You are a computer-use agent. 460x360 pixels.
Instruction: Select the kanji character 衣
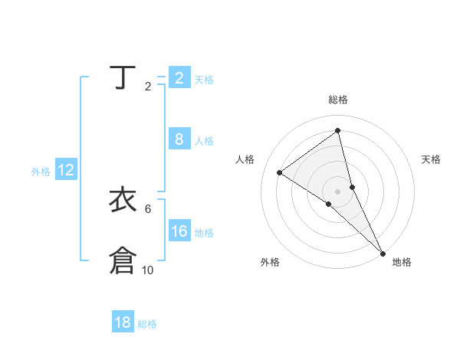pos(122,201)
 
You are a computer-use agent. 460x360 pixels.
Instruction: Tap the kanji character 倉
pos(122,260)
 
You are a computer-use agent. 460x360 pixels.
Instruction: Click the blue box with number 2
pos(179,77)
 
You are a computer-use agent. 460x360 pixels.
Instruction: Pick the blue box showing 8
pos(179,139)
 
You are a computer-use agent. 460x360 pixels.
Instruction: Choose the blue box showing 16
pos(179,231)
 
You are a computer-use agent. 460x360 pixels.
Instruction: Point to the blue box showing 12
pos(66,170)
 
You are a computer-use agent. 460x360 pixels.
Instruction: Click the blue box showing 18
pos(123,322)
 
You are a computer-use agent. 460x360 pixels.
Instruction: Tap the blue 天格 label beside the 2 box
pos(204,79)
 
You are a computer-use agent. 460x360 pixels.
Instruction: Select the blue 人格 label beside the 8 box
pos(204,141)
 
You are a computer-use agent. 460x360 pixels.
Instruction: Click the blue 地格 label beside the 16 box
pos(204,233)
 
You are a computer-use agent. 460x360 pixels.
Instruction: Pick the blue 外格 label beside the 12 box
pos(41,172)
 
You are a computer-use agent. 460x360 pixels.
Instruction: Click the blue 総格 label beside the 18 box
pos(147,324)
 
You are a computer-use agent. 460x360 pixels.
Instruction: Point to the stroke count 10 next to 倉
pos(147,270)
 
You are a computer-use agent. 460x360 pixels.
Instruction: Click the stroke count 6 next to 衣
pos(147,208)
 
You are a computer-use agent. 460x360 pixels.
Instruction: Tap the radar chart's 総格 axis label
pos(338,100)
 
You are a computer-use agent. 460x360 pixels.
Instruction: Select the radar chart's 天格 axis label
pos(431,159)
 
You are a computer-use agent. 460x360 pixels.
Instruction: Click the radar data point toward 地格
pos(383,252)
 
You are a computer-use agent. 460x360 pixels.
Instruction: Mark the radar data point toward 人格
pos(279,172)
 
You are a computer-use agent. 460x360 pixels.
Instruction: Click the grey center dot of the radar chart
pos(338,191)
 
